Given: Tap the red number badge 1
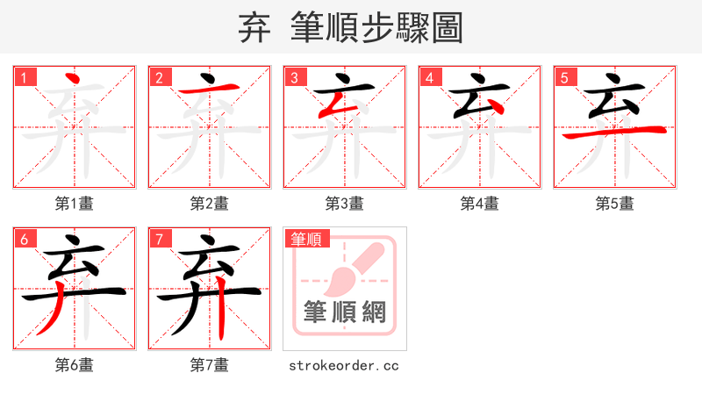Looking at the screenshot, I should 24,77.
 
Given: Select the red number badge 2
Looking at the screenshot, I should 159,77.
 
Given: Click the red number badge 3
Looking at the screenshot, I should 294,77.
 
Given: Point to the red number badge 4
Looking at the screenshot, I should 429,77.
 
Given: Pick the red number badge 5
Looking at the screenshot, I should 564,77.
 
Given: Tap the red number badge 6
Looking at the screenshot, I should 24,239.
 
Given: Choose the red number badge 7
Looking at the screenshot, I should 159,239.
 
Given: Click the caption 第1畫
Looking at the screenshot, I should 74,204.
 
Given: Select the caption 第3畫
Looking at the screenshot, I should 344,204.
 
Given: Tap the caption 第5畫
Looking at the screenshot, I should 614,204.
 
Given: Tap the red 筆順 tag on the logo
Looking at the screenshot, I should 305,238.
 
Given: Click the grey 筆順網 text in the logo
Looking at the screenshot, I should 344,311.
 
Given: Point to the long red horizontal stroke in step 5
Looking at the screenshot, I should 614,133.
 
